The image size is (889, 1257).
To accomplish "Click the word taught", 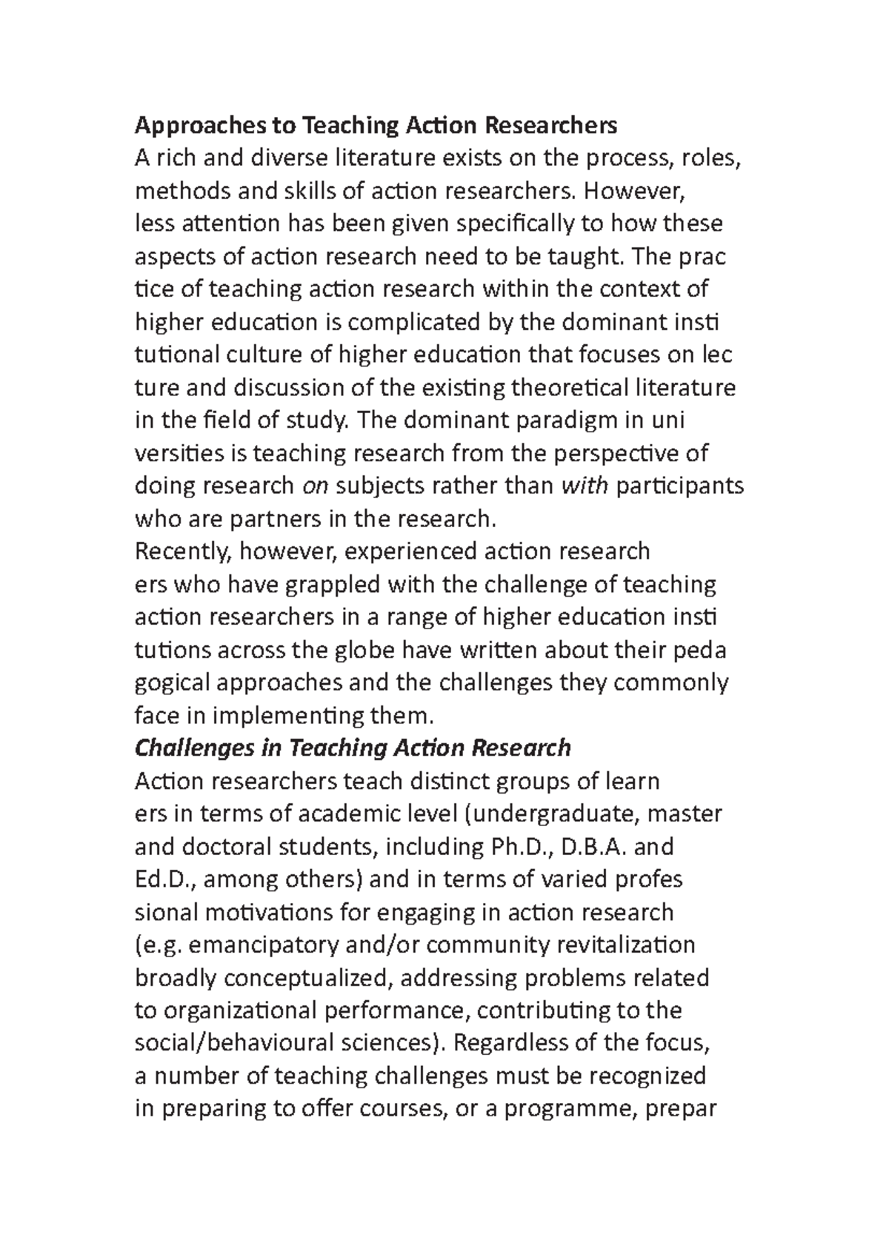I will pos(580,256).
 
